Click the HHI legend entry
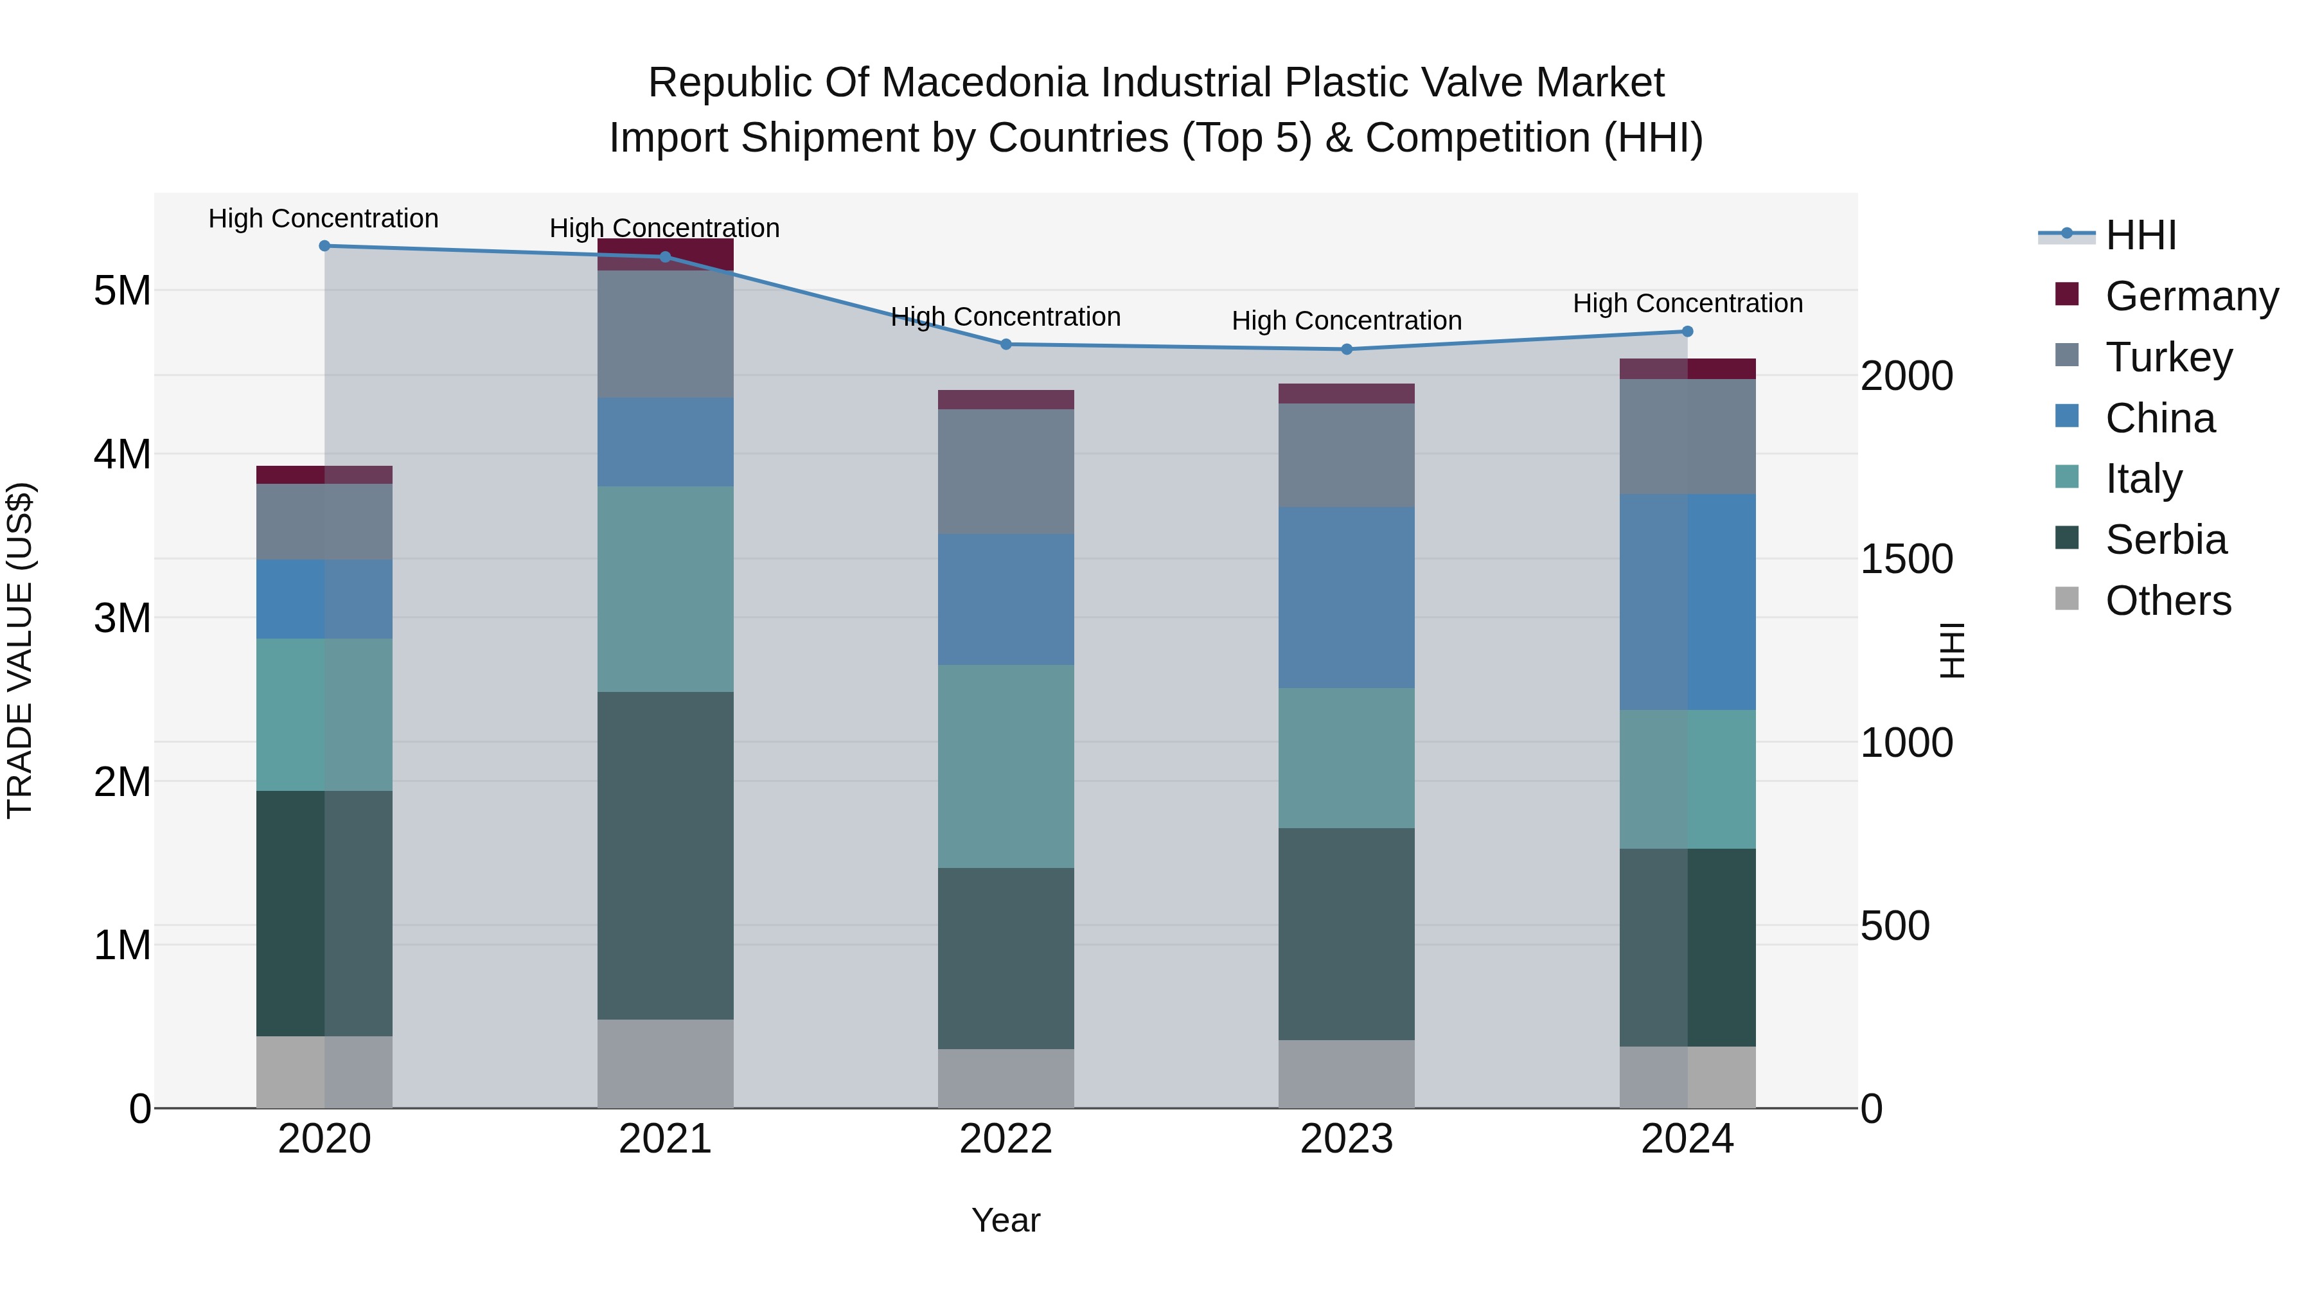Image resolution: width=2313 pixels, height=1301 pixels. tap(2141, 235)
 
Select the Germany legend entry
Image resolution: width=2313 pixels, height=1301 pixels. tap(2191, 296)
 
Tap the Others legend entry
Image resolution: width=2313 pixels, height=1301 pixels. tap(2168, 601)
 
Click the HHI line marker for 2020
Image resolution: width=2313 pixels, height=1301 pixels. tap(324, 246)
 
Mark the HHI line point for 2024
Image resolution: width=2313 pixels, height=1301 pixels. tap(1687, 332)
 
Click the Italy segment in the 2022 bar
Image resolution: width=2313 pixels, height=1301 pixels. tap(1006, 766)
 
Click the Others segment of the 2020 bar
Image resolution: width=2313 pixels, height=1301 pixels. tap(324, 1072)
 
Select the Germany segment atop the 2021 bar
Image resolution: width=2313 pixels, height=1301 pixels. tap(666, 254)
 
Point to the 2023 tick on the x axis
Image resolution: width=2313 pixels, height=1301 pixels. tap(1346, 1139)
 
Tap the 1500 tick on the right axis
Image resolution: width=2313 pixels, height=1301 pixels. tap(1906, 560)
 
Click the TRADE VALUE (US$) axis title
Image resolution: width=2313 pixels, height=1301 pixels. tap(20, 650)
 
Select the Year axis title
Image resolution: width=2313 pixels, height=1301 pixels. tap(1006, 1220)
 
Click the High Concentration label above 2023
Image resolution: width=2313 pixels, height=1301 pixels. tap(1346, 321)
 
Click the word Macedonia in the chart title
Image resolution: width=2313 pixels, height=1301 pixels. tap(984, 83)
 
